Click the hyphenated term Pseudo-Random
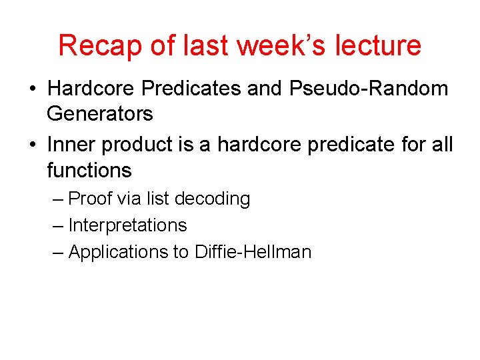[x=373, y=89]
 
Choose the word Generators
[x=99, y=114]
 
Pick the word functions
[x=89, y=170]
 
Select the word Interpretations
[x=127, y=225]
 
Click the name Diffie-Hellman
[x=253, y=252]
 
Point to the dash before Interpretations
[x=58, y=226]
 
